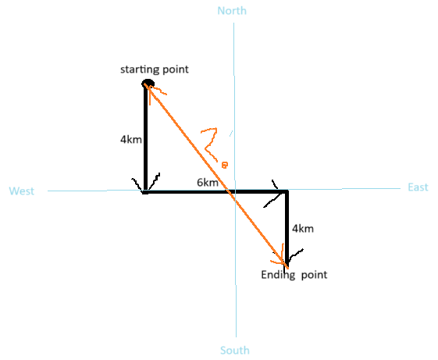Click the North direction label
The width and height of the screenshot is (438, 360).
click(x=232, y=11)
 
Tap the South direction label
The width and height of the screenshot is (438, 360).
click(x=235, y=350)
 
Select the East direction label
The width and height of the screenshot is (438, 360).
click(x=418, y=187)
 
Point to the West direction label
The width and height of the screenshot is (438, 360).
click(x=22, y=191)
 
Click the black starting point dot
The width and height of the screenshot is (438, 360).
click(x=148, y=83)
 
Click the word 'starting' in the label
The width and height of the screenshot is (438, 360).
click(x=140, y=70)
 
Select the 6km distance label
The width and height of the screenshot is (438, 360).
click(x=208, y=183)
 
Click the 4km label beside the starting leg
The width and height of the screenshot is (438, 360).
click(x=131, y=139)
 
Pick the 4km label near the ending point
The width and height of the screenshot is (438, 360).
click(x=303, y=229)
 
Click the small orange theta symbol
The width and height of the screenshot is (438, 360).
click(x=225, y=166)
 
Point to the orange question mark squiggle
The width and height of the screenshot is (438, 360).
click(x=210, y=144)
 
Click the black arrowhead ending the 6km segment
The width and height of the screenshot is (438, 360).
click(x=275, y=193)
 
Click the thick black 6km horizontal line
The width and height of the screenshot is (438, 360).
click(x=215, y=192)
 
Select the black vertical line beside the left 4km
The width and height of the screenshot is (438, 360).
click(x=145, y=137)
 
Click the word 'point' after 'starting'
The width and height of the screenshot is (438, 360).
click(x=176, y=70)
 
